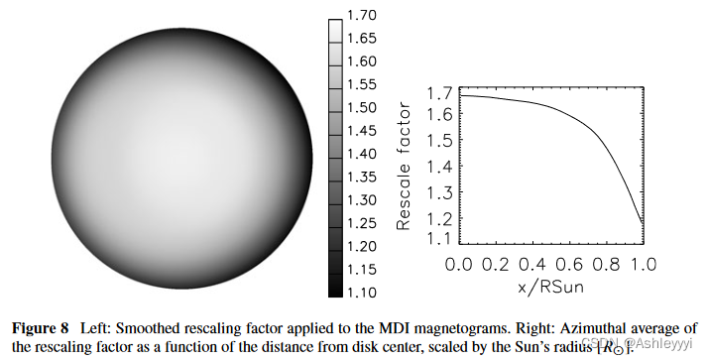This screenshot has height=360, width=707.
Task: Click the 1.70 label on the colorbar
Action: point(362,15)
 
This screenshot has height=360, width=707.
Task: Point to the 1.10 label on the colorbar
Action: point(362,292)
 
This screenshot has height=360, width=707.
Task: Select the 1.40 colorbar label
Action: point(362,154)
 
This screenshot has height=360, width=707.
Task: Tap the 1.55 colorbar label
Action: point(362,84)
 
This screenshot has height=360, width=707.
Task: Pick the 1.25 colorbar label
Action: point(362,222)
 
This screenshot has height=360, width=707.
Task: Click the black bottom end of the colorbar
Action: point(335,290)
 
